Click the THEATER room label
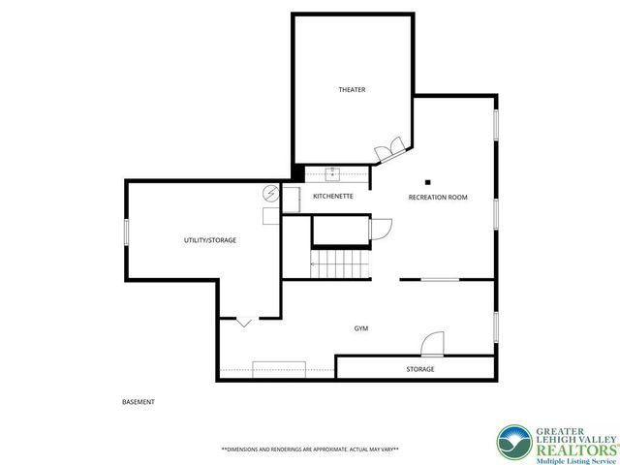click(352, 90)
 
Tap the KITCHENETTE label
click(332, 197)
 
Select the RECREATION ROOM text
click(438, 197)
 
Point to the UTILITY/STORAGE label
click(210, 240)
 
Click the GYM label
click(361, 328)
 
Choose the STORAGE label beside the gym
click(419, 369)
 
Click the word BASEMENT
click(139, 401)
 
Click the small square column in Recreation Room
click(426, 180)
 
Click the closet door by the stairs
click(380, 229)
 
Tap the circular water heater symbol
click(270, 193)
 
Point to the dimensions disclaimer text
click(310, 449)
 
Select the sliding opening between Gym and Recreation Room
click(440, 280)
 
